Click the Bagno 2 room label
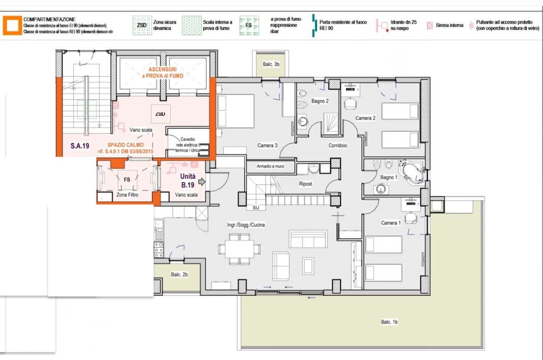(320, 101)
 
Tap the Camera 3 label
(267, 146)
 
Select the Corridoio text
(338, 146)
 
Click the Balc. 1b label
(389, 322)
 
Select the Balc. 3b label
(270, 65)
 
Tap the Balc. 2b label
(180, 275)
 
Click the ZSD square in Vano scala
(160, 114)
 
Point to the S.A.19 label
(80, 146)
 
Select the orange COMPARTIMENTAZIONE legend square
(12, 25)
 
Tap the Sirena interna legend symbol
(430, 26)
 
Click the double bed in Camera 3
(236, 111)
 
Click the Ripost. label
(306, 184)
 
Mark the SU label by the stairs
(256, 207)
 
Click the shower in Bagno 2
(330, 123)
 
